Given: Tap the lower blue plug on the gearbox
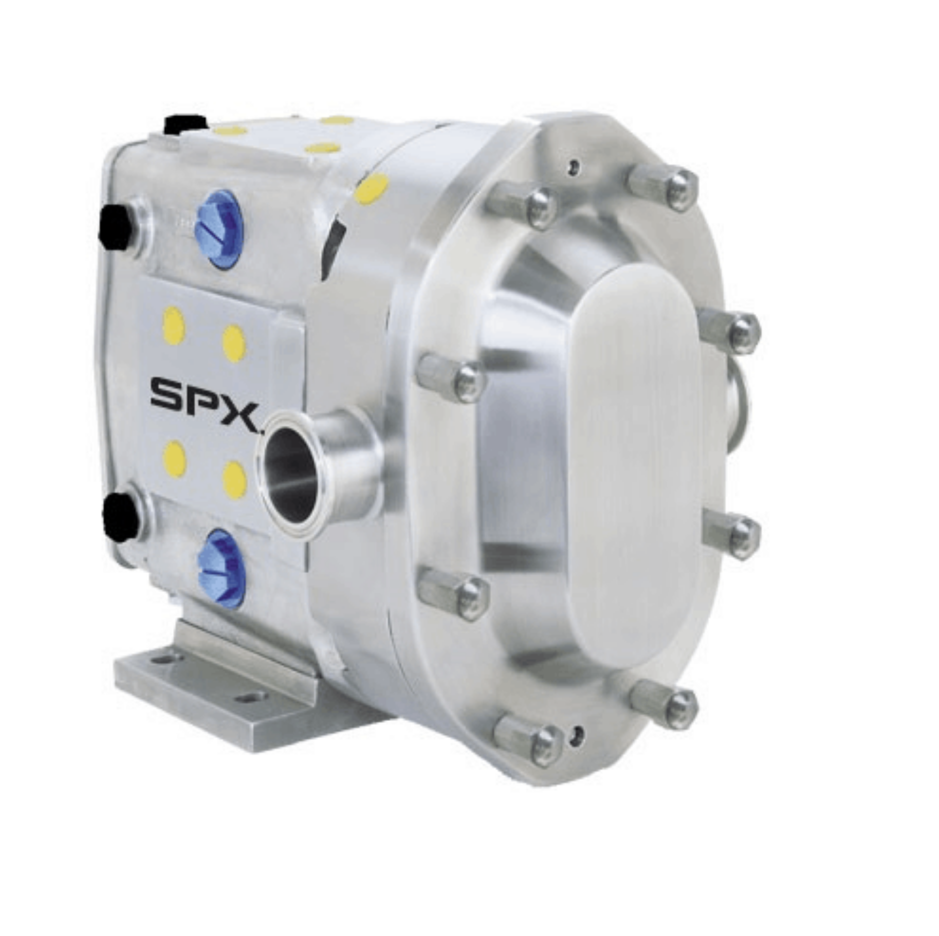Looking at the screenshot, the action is pyautogui.click(x=222, y=569).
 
